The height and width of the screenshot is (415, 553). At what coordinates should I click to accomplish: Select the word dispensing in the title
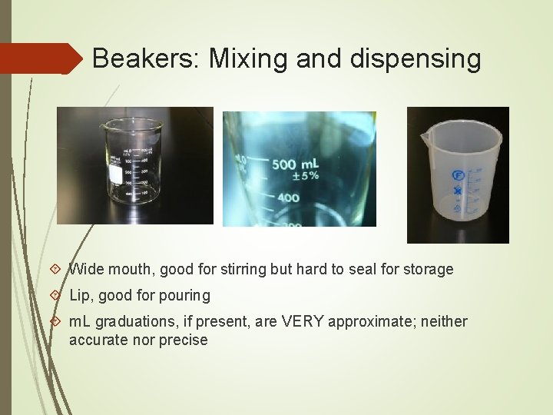(418, 58)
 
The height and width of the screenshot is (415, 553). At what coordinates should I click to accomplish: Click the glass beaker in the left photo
(134, 161)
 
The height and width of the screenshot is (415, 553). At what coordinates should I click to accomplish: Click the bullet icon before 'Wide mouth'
(55, 270)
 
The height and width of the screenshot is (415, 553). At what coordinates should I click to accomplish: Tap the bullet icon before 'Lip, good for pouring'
(55, 296)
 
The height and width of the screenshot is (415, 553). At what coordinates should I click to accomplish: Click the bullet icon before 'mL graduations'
(55, 322)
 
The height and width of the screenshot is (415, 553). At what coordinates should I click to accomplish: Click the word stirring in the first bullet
(244, 270)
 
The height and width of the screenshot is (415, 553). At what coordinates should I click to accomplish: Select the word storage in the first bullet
(427, 270)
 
